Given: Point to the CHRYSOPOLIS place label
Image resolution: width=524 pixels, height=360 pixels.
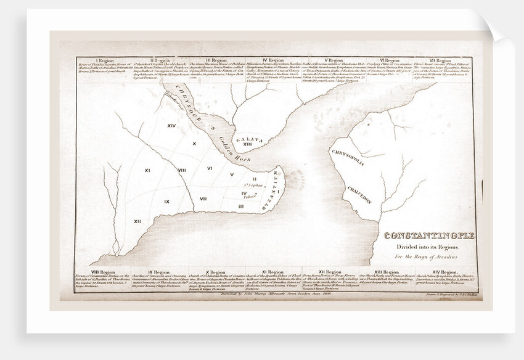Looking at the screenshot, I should (347, 157).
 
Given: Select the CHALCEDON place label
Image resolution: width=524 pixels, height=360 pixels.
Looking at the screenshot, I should (358, 194).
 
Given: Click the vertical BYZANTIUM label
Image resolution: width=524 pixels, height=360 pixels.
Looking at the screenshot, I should (271, 192).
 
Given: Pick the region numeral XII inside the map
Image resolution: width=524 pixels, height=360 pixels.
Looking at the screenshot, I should (137, 221).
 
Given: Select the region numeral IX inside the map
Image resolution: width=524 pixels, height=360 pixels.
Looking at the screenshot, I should (166, 202).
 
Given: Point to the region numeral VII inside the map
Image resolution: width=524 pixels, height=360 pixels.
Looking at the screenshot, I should (203, 198).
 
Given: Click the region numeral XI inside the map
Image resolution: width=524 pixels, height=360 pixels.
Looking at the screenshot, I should (148, 170).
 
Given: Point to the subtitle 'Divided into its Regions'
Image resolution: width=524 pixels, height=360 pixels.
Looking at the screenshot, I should (418, 248).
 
